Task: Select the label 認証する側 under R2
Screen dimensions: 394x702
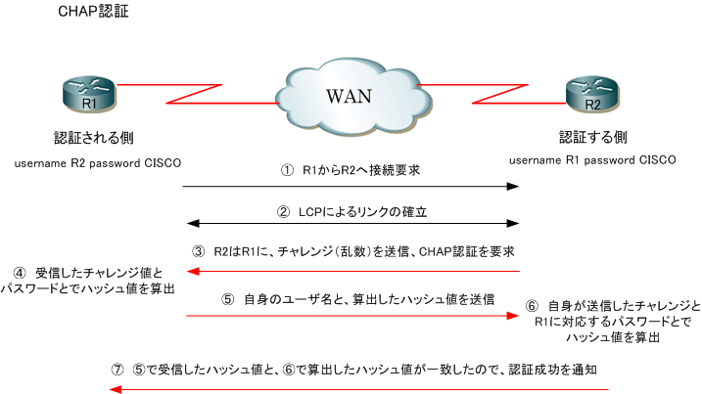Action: tap(593, 137)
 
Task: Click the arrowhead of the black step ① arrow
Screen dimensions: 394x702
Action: tap(514, 186)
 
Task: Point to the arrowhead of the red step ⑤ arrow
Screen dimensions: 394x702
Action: tap(514, 316)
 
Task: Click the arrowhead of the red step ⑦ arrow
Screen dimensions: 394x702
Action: tap(114, 389)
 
